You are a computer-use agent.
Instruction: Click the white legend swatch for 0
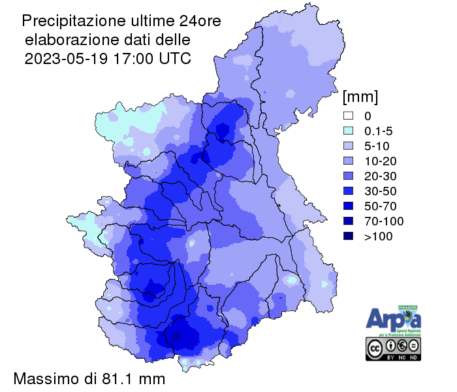[349, 115]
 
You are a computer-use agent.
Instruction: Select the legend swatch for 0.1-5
[349, 130]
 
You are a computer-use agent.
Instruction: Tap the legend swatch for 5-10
[349, 146]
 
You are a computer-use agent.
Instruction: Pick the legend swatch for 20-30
[349, 176]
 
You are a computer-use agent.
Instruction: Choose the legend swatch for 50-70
[349, 206]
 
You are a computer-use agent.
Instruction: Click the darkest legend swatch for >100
[349, 237]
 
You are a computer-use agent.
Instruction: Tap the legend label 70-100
[383, 221]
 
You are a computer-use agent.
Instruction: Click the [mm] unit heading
[360, 97]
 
